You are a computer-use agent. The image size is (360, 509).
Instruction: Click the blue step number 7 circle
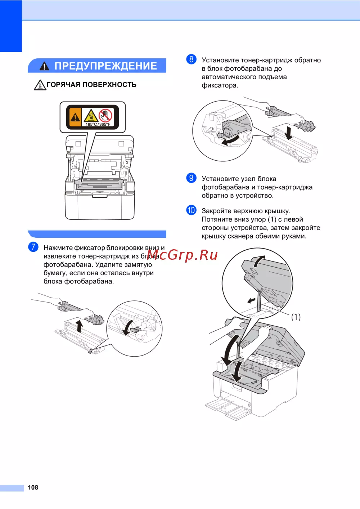pyautogui.click(x=33, y=247)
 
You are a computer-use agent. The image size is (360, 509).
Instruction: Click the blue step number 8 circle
pyautogui.click(x=191, y=59)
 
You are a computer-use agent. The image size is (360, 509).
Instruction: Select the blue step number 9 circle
pyautogui.click(x=191, y=178)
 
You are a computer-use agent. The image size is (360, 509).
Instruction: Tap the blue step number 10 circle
pyautogui.click(x=191, y=210)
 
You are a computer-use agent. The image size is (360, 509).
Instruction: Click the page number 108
pyautogui.click(x=33, y=487)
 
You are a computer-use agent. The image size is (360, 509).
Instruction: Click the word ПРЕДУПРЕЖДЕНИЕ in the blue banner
pyautogui.click(x=105, y=66)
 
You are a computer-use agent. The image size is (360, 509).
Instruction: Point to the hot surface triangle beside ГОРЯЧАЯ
pyautogui.click(x=40, y=85)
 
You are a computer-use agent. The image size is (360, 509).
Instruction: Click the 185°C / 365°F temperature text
pyautogui.click(x=98, y=124)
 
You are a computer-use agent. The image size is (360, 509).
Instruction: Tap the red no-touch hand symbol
pyautogui.click(x=105, y=116)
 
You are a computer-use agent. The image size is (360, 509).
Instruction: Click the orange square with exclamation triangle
pyautogui.click(x=75, y=117)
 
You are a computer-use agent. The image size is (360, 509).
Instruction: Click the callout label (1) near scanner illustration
pyautogui.click(x=296, y=317)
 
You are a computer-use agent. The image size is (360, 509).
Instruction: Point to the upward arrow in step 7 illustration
pyautogui.click(x=80, y=326)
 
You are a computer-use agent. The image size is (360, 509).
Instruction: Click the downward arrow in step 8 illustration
pyautogui.click(x=289, y=133)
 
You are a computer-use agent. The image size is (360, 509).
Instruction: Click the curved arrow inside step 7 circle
pyautogui.click(x=127, y=327)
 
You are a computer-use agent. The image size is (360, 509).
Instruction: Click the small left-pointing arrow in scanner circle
pyautogui.click(x=251, y=301)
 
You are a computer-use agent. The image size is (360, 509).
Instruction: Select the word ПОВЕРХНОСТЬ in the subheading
pyautogui.click(x=109, y=85)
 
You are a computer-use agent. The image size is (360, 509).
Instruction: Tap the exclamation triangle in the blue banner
pyautogui.click(x=44, y=66)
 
